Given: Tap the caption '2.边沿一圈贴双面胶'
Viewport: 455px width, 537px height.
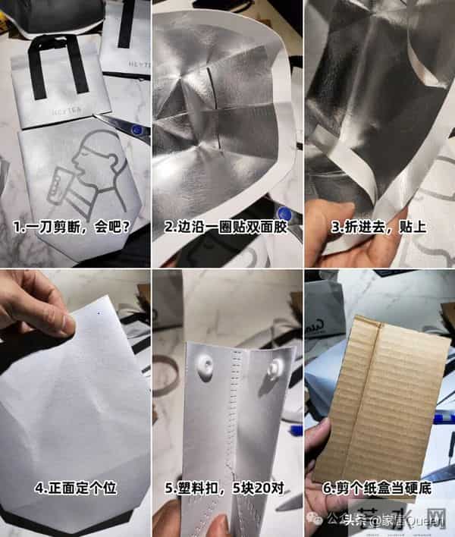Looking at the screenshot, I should pyautogui.click(x=226, y=226).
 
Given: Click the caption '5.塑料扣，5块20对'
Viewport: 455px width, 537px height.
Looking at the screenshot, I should pyautogui.click(x=226, y=488).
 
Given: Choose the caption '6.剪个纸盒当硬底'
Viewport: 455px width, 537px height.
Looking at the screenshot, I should pyautogui.click(x=378, y=488).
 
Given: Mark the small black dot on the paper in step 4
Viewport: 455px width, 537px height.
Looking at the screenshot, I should pyautogui.click(x=99, y=312).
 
